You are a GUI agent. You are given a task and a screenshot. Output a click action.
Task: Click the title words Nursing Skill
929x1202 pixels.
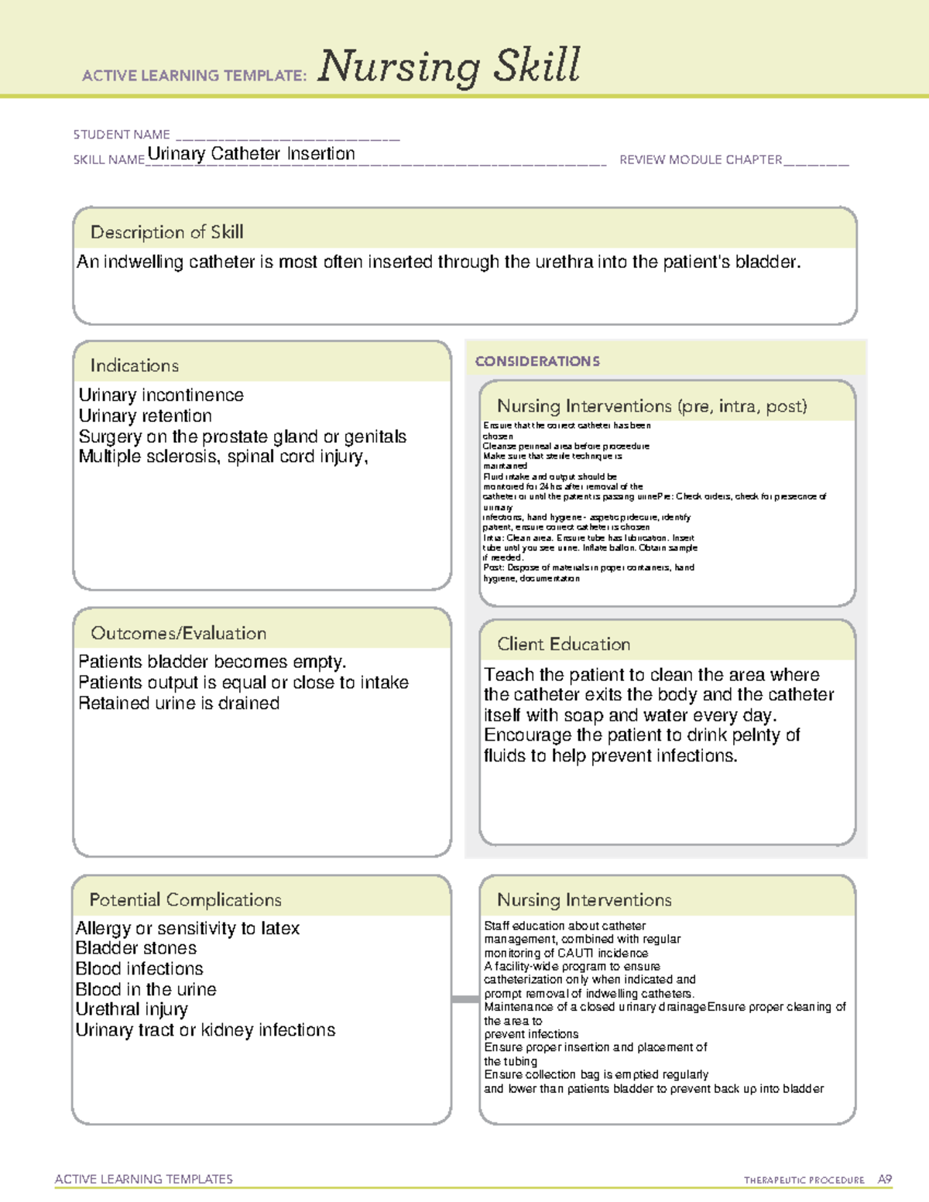pyautogui.click(x=449, y=67)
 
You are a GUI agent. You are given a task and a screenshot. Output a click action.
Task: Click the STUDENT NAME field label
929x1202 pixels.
pyautogui.click(x=122, y=135)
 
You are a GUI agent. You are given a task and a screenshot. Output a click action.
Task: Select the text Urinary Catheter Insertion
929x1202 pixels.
pyautogui.click(x=251, y=154)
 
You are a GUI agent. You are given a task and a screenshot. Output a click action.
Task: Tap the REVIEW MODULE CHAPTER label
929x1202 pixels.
pyautogui.click(x=701, y=159)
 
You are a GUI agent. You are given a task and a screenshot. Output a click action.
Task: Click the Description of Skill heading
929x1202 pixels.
pyautogui.click(x=166, y=232)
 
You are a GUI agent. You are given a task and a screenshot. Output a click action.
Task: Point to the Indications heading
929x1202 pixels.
pyautogui.click(x=134, y=365)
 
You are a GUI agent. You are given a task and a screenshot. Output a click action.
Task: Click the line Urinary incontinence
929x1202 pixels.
pyautogui.click(x=161, y=396)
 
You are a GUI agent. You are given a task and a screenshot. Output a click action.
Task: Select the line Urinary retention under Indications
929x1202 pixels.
pyautogui.click(x=145, y=416)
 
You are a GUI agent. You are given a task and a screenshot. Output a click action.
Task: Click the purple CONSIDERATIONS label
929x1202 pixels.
pyautogui.click(x=537, y=361)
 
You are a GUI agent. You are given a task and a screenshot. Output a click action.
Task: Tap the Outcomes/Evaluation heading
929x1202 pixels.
pyautogui.click(x=178, y=633)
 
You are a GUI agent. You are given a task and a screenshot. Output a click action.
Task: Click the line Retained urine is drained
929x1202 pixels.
pyautogui.click(x=179, y=704)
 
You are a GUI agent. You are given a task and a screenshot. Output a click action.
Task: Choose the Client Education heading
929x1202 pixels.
pyautogui.click(x=564, y=644)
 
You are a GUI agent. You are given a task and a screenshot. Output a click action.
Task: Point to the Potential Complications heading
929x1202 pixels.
pyautogui.click(x=185, y=899)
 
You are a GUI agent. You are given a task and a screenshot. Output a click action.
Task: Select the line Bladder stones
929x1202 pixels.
pyautogui.click(x=136, y=948)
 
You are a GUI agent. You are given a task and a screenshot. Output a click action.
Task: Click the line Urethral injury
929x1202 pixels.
pyautogui.click(x=132, y=1009)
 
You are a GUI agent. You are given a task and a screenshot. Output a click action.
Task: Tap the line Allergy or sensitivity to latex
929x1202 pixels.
pyautogui.click(x=187, y=928)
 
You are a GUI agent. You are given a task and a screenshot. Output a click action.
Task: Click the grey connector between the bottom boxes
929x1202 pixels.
pyautogui.click(x=465, y=999)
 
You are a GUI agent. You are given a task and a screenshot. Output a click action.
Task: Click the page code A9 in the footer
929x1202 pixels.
pyautogui.click(x=884, y=1180)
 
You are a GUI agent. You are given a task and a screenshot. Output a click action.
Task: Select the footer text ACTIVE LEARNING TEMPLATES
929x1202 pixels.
pyautogui.click(x=144, y=1179)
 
